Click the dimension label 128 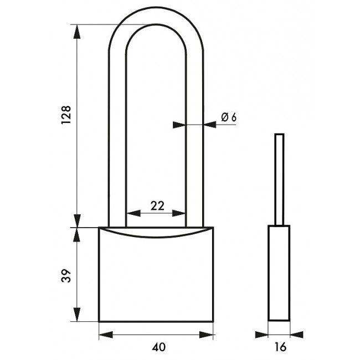point(66,115)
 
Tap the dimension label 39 point(66,275)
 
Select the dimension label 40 point(158,347)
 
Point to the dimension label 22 point(157,205)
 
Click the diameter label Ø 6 point(229,117)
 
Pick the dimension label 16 point(281,347)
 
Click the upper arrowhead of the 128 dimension point(77,32)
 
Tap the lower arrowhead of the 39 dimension point(77,315)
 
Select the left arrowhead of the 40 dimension point(106,335)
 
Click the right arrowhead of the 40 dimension point(206,335)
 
